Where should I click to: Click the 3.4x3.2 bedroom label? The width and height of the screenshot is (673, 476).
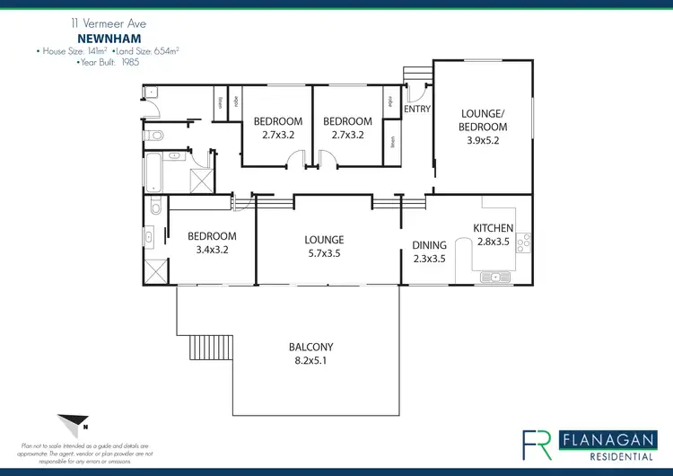coord(212,243)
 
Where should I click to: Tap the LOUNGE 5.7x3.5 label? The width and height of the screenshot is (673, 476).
coord(324,246)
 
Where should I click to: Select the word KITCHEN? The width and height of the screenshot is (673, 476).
coord(494,228)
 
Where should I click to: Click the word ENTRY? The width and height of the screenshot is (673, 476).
coord(417,109)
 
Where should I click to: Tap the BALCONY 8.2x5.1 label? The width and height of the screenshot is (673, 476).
coord(311,353)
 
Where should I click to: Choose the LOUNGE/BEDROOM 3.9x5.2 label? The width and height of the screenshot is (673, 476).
coord(484,127)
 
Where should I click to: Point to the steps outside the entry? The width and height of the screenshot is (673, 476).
coord(415,73)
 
